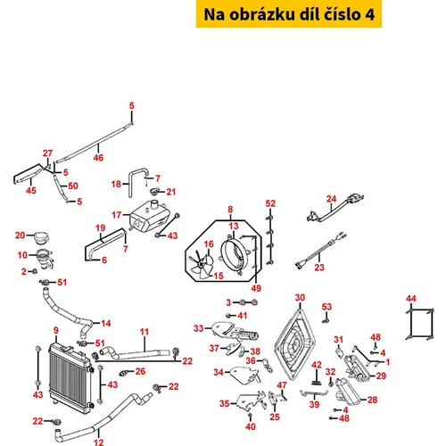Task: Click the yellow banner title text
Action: click(289, 14)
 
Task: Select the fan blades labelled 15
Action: click(201, 264)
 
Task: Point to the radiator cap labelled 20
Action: click(41, 238)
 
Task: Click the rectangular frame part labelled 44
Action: click(419, 324)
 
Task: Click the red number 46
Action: click(98, 157)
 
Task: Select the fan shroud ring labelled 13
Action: click(235, 252)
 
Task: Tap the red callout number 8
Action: click(230, 210)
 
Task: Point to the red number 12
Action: click(98, 442)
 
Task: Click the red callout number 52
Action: click(270, 203)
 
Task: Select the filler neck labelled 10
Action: click(45, 260)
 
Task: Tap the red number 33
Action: click(199, 328)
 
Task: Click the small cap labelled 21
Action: click(156, 191)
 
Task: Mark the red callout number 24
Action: click(331, 199)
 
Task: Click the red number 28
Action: click(372, 400)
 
